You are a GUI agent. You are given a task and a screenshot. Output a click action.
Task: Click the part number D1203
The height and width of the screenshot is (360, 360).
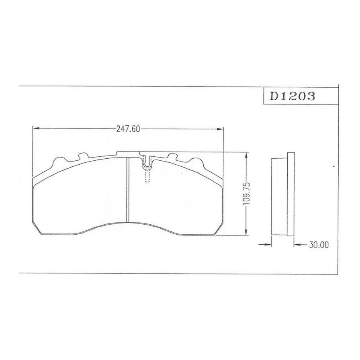[x=292, y=96]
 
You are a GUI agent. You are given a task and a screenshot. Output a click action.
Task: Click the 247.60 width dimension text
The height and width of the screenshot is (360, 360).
[x=128, y=129]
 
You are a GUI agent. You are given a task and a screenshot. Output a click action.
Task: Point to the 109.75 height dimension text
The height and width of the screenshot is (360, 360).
[x=246, y=194]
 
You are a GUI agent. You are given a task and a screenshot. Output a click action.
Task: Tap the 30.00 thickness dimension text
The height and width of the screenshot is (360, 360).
[x=319, y=245]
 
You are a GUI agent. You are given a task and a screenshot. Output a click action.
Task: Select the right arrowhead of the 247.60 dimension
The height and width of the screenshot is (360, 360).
[x=220, y=129]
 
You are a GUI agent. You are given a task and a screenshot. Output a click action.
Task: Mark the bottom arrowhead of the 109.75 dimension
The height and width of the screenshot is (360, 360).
[x=246, y=232]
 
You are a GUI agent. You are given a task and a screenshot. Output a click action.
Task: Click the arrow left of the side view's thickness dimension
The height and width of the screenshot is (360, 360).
[x=265, y=245]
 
